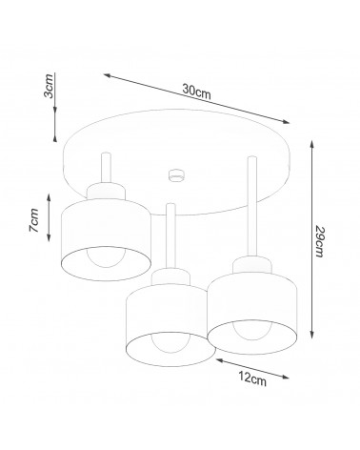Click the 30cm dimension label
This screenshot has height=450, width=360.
point(196,92)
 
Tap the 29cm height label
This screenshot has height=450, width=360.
point(319,241)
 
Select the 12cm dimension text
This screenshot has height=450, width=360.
point(252,378)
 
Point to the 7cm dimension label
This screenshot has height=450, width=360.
point(33,220)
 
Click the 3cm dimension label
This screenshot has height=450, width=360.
point(49,86)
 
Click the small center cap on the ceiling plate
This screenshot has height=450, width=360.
point(176,175)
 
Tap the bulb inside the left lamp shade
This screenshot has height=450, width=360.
point(106,256)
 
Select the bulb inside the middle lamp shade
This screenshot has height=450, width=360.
point(171,342)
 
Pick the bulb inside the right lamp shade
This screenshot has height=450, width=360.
point(252,330)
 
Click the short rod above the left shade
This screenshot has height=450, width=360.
point(106,168)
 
